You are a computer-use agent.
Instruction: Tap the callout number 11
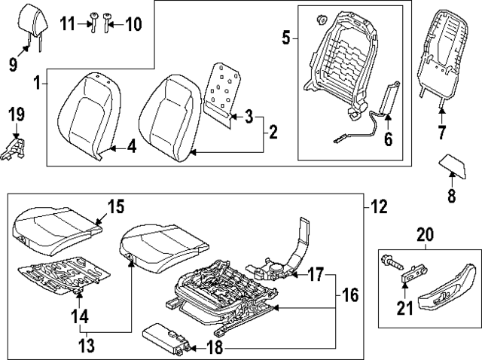click(x=67, y=23)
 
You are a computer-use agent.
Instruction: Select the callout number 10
click(x=133, y=24)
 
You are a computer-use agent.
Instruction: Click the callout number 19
click(x=17, y=114)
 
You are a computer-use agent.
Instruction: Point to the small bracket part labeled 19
click(x=13, y=148)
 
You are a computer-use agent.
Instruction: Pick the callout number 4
click(x=132, y=148)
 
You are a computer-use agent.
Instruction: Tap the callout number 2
click(x=273, y=132)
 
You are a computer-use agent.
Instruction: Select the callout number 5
click(x=286, y=38)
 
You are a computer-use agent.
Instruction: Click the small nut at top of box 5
click(x=322, y=20)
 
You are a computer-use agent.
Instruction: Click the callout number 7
click(x=441, y=133)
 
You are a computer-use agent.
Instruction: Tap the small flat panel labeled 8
click(x=452, y=166)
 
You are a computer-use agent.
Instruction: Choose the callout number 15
click(x=116, y=206)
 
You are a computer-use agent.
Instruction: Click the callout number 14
click(x=80, y=316)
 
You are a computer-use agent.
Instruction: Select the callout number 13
click(x=87, y=346)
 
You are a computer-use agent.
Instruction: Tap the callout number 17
click(x=316, y=275)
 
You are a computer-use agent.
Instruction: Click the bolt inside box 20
click(x=392, y=263)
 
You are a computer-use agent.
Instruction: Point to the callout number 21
click(x=405, y=308)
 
